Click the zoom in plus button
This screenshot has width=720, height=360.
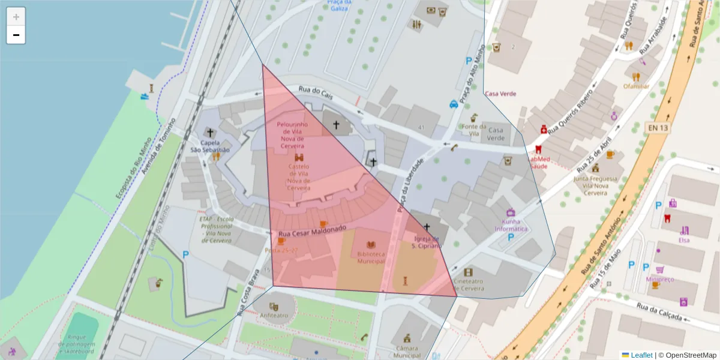(x=16, y=17)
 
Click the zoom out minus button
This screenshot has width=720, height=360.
(x=16, y=35)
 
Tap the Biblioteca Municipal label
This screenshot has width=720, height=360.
(x=371, y=257)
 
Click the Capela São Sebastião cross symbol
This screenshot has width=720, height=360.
(x=209, y=132)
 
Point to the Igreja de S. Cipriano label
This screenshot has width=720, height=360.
(x=427, y=242)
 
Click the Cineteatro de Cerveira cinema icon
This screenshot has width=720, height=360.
(x=468, y=272)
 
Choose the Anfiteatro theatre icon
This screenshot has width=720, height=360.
(x=274, y=306)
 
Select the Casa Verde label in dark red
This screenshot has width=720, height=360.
(x=500, y=94)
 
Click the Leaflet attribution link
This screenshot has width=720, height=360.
(x=641, y=355)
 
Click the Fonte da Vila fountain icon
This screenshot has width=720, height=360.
(x=473, y=116)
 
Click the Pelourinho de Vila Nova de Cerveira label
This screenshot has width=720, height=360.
(x=292, y=135)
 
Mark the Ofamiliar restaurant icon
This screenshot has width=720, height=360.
(x=636, y=76)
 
